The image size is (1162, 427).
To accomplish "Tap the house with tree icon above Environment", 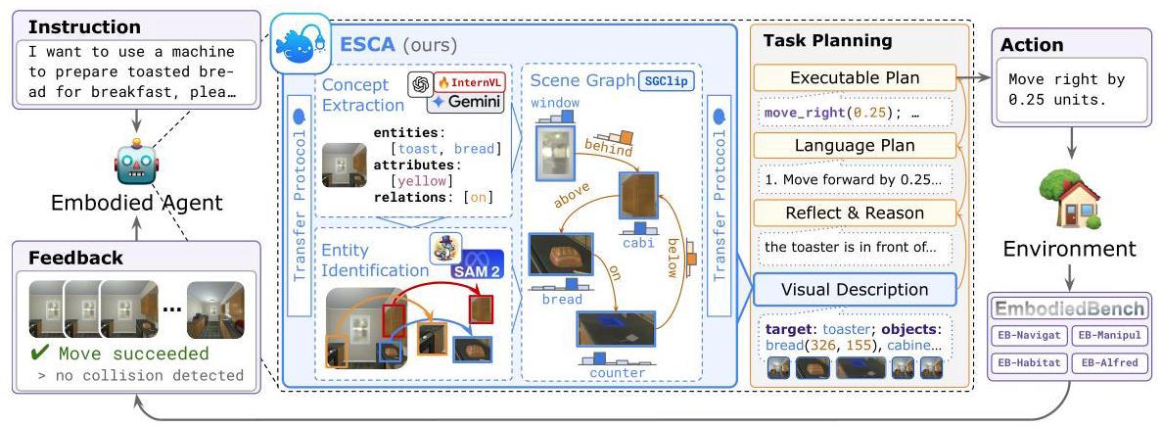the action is (x=1069, y=197).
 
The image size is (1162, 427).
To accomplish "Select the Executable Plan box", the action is (x=855, y=77).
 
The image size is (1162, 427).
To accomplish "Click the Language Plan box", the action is (x=855, y=146).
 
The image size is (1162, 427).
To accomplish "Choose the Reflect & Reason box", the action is (x=855, y=213).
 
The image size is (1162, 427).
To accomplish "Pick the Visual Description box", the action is (x=855, y=290).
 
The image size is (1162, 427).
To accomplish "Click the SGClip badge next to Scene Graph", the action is (x=667, y=80).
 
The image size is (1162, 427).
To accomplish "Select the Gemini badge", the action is (x=465, y=102).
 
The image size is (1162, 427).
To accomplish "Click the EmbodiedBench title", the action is (x=1069, y=308).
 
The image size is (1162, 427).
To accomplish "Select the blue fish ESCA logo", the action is (x=301, y=44).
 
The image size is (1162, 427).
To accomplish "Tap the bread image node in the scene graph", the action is (x=561, y=256).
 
